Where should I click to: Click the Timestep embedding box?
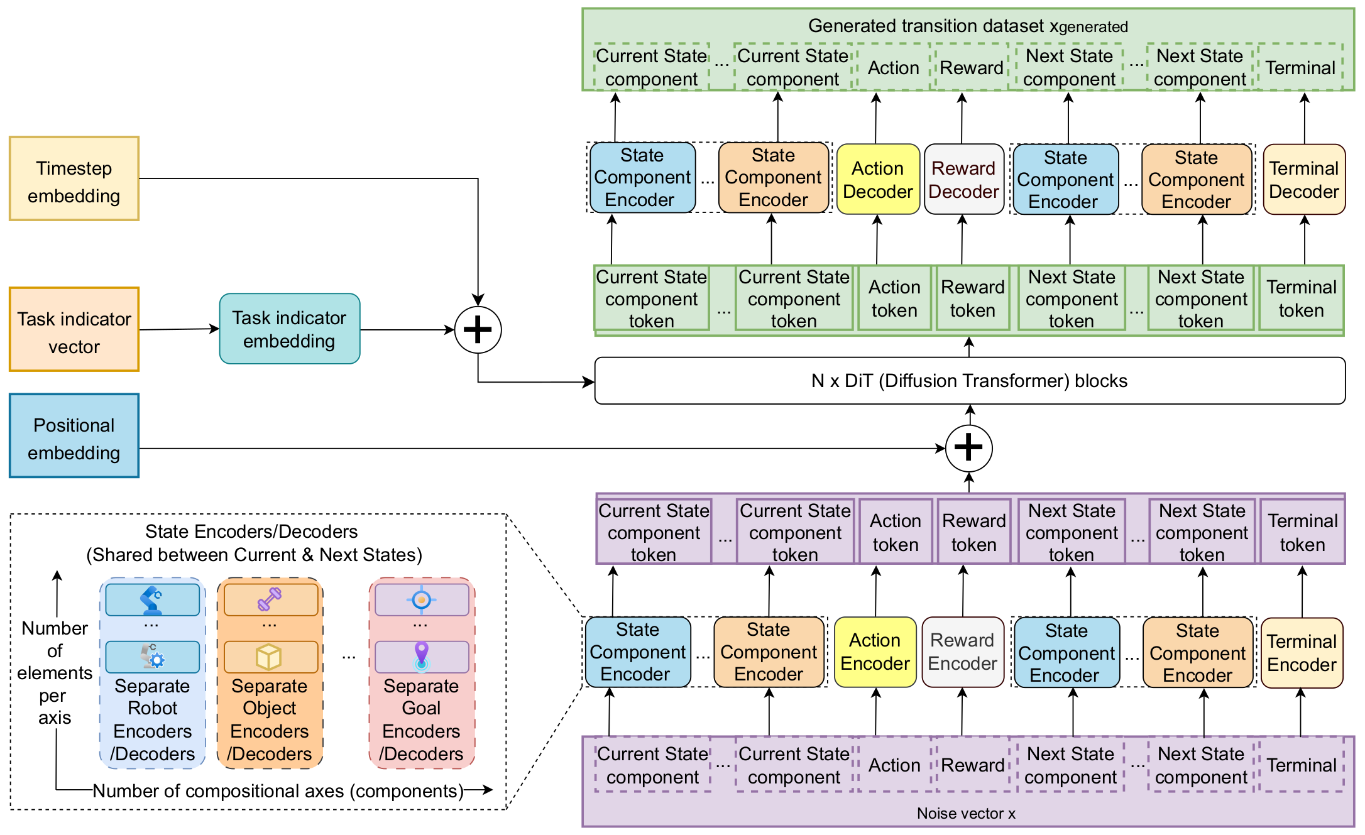[74, 179]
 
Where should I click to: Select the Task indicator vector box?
[74, 330]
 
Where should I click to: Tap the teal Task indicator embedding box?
[289, 329]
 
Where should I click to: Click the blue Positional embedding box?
[74, 436]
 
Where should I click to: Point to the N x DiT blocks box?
[969, 381]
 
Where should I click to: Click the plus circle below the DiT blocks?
[968, 448]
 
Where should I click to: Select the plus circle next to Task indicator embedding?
[478, 330]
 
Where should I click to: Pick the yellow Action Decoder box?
[877, 180]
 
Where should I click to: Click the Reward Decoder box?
[963, 180]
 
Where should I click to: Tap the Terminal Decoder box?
[1303, 180]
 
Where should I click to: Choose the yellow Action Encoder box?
[875, 652]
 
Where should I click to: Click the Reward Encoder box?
[962, 652]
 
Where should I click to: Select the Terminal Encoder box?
[1302, 653]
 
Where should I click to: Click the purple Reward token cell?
[973, 532]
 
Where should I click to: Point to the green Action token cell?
[894, 298]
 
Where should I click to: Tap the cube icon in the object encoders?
[269, 657]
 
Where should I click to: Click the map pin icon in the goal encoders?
[422, 656]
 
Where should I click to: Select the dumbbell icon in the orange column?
[269, 599]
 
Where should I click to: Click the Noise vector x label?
[966, 814]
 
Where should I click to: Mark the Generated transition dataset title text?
[968, 26]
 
